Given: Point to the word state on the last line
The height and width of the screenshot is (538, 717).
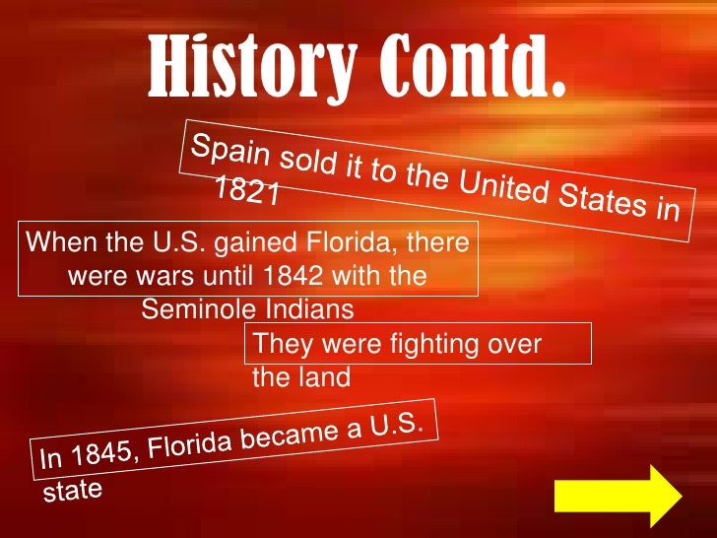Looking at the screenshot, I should pos(72,490).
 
